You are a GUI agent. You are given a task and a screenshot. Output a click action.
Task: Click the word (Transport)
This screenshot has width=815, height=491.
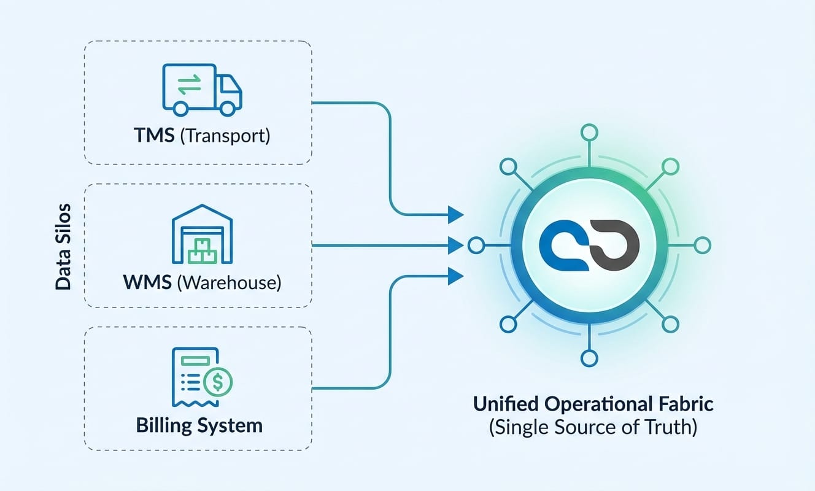pos(226,135)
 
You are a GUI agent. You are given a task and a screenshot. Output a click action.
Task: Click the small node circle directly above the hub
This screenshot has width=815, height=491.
pos(589,132)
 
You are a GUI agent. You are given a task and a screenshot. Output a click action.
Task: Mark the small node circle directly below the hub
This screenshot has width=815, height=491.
pos(589,359)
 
